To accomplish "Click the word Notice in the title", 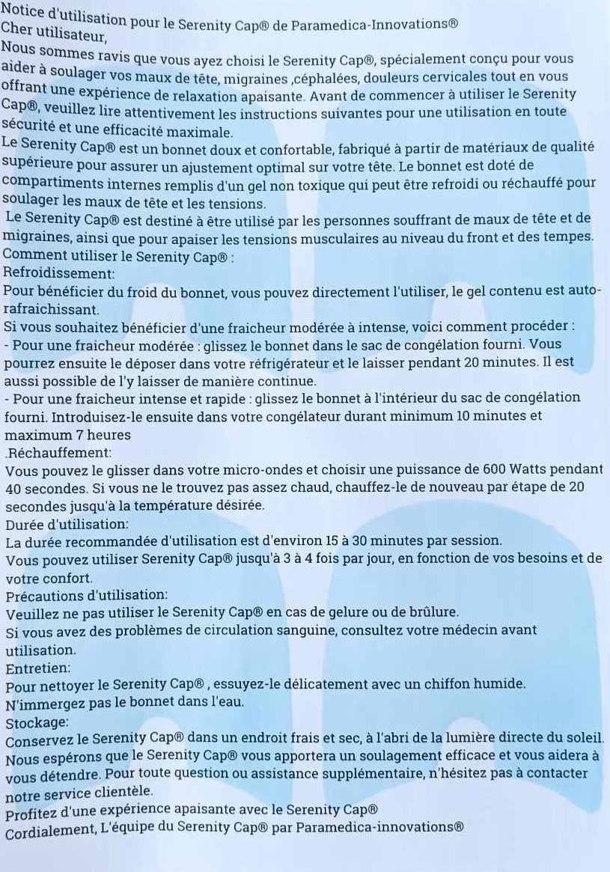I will (x=22, y=10).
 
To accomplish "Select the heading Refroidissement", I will (x=59, y=274).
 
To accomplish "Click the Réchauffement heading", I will (x=59, y=452).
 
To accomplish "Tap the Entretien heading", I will (x=38, y=667).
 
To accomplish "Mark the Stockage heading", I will (x=37, y=722).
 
